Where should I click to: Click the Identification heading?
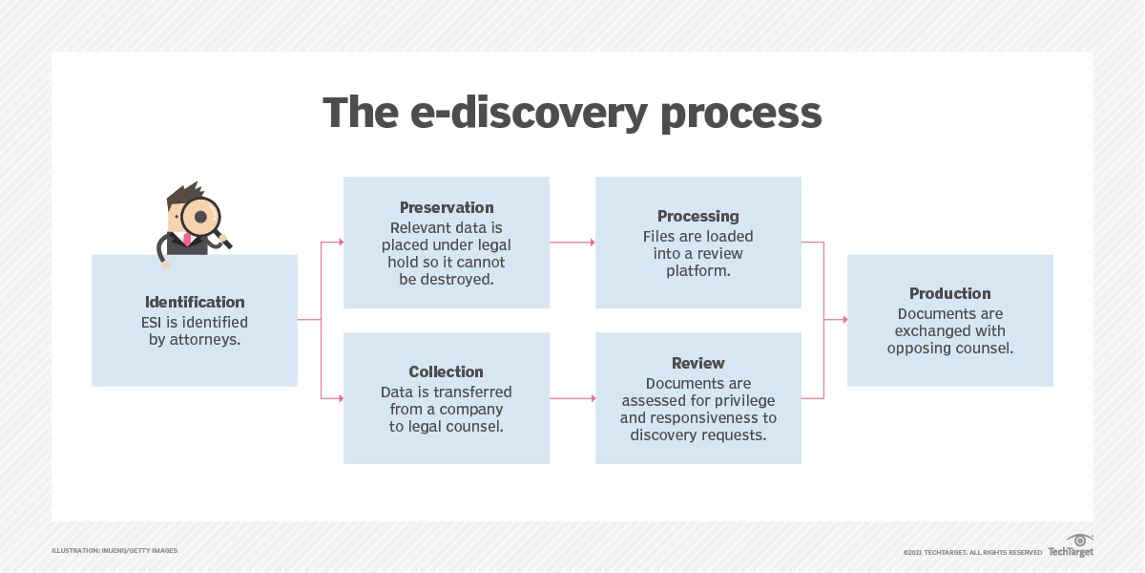195,302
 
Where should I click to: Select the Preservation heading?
447,208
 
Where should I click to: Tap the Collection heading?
447,372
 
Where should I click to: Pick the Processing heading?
698,217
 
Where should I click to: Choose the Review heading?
698,364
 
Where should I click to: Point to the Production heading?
950,294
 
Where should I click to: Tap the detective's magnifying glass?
201,217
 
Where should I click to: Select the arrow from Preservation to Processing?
572,243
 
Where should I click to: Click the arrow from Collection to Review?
572,398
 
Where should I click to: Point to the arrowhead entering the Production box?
843,320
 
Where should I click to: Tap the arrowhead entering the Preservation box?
340,243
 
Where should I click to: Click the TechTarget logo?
1072,547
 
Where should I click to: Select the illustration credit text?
114,551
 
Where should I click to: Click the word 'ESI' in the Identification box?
154,322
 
